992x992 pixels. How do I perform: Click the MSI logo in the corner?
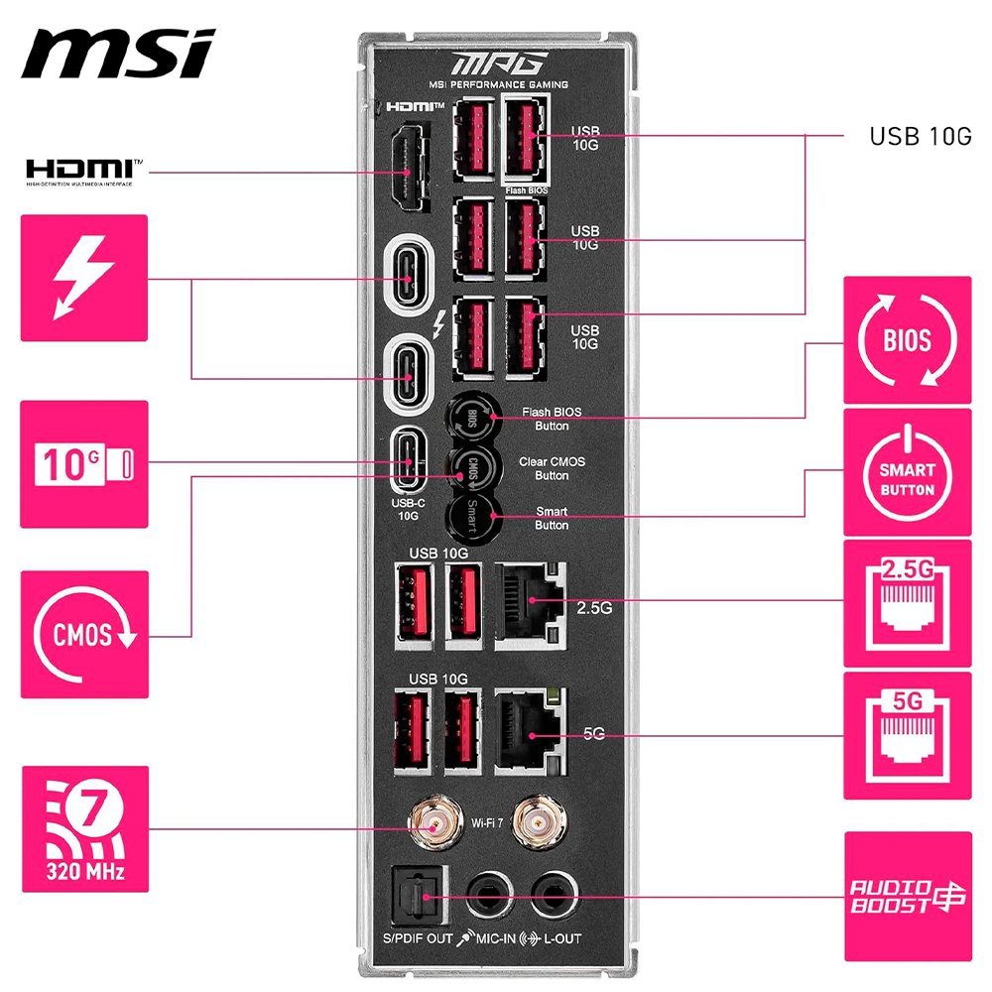[117, 54]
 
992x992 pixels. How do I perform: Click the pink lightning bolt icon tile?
[83, 278]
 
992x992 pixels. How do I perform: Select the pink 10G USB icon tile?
[83, 463]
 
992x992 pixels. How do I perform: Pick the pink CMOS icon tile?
[83, 634]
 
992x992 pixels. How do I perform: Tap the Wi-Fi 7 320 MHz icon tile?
[83, 828]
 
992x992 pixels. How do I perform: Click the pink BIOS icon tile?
[907, 339]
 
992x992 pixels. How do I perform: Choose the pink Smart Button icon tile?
[907, 472]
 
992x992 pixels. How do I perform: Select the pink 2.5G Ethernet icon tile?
[907, 603]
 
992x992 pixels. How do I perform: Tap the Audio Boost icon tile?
[907, 897]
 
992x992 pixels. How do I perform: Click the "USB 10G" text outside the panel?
[921, 137]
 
